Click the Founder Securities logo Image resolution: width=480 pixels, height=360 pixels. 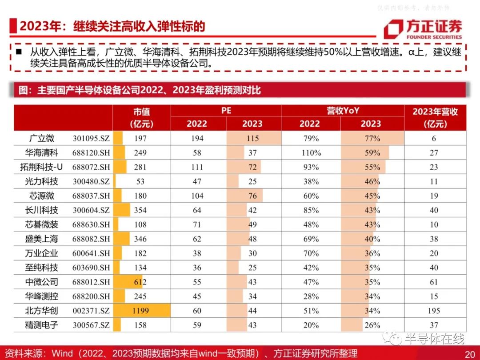point(423,29)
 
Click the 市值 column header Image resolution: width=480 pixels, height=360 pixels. point(141,117)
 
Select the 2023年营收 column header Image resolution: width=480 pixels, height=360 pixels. point(435,117)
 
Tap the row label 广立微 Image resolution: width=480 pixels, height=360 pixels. point(42,138)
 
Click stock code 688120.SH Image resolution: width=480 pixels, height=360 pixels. point(91,153)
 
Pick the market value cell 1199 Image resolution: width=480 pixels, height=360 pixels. point(140,311)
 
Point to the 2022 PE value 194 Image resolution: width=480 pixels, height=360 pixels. point(197,138)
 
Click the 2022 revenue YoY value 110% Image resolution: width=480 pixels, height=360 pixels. point(311,153)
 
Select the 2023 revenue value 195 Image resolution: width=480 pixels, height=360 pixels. point(434,311)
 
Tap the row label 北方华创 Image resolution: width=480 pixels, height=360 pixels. point(41,311)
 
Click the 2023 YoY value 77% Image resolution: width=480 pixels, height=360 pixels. point(372,138)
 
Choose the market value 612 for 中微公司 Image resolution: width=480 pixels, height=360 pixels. point(140,282)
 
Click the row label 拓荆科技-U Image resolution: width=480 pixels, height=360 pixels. point(41,167)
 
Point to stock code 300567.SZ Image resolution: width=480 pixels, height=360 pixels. point(91,325)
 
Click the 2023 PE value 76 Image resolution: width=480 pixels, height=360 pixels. point(252,196)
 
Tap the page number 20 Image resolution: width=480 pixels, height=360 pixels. point(470,354)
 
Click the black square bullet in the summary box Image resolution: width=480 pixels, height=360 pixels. point(19,51)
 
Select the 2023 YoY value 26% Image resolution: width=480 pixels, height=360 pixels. point(372,325)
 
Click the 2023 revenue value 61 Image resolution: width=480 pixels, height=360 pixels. point(434,282)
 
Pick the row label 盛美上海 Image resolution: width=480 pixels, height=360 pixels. point(41,239)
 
